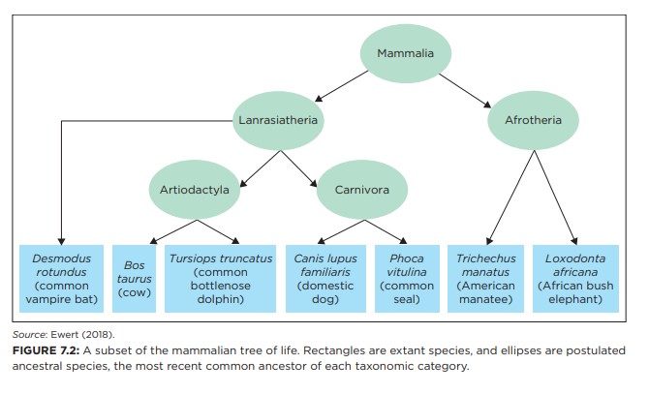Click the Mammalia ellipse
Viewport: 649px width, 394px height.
pos(406,53)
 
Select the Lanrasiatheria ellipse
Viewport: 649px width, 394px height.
pos(278,120)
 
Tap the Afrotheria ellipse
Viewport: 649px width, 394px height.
pos(533,120)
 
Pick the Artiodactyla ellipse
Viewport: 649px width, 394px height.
pos(195,190)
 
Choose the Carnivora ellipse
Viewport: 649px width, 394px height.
pos(362,190)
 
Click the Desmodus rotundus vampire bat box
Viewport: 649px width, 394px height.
pos(61,279)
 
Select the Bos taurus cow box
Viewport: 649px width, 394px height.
pos(134,279)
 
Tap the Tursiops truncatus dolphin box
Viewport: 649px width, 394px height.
pos(220,279)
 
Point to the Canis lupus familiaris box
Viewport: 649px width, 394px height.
pos(325,279)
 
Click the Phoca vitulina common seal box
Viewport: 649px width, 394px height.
pos(407,279)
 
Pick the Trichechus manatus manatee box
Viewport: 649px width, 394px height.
pos(485,279)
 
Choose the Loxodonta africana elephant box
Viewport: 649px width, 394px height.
pos(575,279)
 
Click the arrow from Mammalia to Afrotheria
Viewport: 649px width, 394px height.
pos(465,91)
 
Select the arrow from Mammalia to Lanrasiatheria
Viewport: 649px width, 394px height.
pos(342,86)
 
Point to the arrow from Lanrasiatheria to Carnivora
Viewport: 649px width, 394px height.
pos(299,168)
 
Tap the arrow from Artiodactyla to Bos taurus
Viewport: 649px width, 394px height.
pos(173,231)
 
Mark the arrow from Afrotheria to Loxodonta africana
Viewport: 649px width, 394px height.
pos(555,197)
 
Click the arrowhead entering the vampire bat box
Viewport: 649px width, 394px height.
pos(61,241)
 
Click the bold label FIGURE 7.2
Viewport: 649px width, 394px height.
pos(46,350)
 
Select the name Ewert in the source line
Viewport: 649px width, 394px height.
pos(66,335)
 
